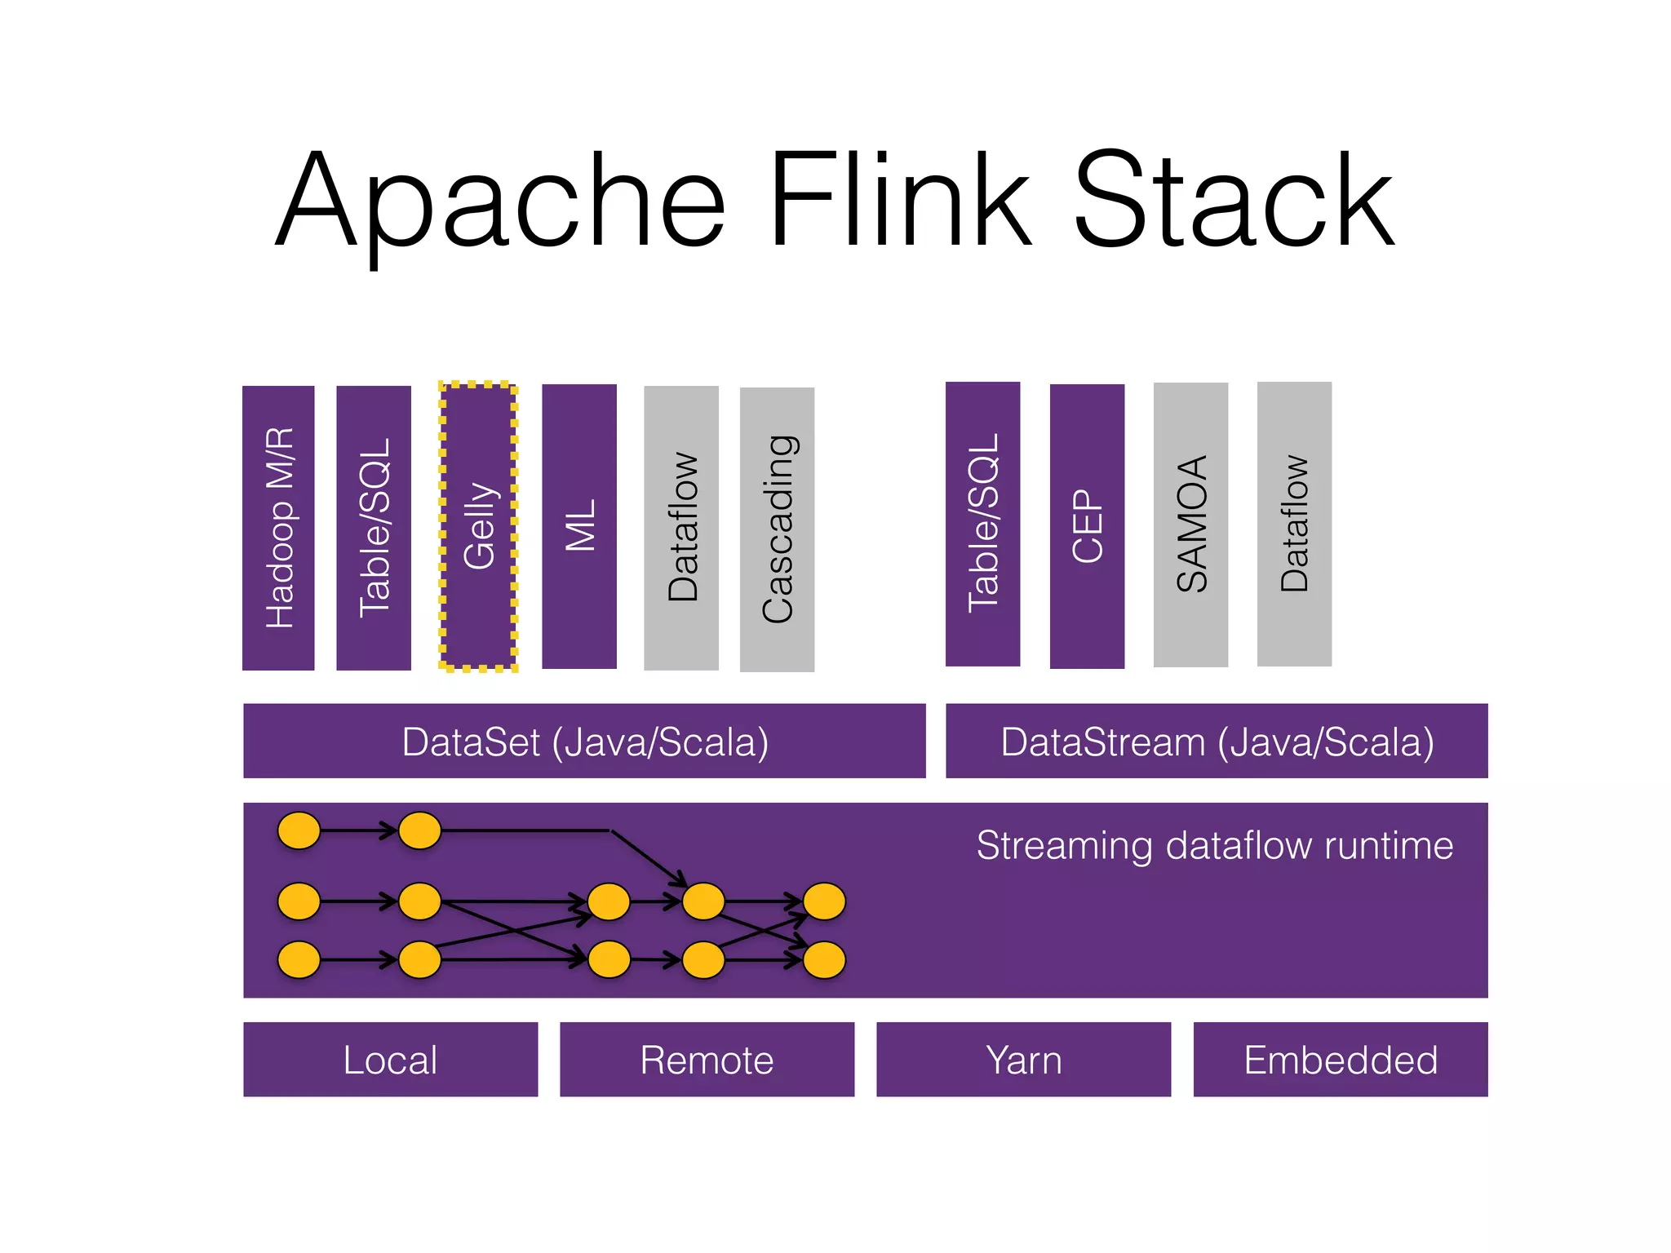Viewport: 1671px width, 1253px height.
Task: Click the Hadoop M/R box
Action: click(278, 528)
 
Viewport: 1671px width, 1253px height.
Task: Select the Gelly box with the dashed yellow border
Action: click(479, 526)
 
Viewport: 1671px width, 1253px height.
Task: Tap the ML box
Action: click(579, 526)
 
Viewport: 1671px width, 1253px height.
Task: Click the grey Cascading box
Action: click(777, 529)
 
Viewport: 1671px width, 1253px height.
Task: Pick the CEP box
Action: click(1087, 526)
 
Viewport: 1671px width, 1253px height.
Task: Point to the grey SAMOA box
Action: click(1190, 525)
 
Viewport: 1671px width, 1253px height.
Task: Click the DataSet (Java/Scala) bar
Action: click(584, 741)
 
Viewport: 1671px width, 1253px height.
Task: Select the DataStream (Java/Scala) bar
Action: click(1217, 741)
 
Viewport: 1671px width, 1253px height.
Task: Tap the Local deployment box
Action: click(390, 1059)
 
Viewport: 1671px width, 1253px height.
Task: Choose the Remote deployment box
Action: click(707, 1059)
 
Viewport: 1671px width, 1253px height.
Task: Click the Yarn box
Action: click(1023, 1059)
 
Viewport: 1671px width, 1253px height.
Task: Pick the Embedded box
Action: click(1341, 1059)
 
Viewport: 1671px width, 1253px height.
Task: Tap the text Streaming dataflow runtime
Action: click(1214, 845)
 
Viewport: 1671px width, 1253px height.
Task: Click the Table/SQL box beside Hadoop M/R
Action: click(374, 528)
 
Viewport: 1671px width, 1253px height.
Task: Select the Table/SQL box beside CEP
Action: click(982, 524)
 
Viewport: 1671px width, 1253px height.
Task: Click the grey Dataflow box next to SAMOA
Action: click(1294, 524)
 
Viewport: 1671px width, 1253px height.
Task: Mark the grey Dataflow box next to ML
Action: click(681, 528)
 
